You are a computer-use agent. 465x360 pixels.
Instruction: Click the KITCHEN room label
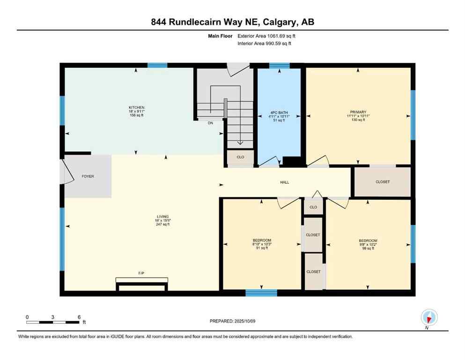coord(136,107)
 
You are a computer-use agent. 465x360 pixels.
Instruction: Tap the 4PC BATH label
coord(279,112)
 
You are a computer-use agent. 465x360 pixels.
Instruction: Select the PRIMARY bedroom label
coord(358,112)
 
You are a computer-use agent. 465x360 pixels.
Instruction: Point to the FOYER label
coord(88,177)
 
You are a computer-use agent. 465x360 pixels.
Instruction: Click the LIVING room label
coord(162,217)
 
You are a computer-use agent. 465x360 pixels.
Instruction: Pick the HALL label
coord(285,182)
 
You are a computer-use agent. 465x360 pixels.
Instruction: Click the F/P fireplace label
coord(141,272)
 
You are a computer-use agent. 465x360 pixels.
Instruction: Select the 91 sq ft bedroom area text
coord(261,248)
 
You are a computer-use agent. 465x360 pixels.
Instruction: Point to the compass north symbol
coord(429,318)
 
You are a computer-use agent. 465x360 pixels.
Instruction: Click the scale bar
coord(53,322)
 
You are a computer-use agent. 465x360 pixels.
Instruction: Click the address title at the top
coord(232,22)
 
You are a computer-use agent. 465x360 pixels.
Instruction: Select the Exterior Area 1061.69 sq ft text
coord(266,36)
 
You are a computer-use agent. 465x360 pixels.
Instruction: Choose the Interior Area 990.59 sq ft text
coord(265,44)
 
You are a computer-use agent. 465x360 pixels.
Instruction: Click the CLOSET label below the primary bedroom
coord(382,182)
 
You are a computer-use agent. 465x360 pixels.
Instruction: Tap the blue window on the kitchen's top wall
coord(157,66)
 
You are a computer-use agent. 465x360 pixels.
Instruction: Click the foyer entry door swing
coord(68,172)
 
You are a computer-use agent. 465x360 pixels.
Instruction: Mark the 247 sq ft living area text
coord(162,224)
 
